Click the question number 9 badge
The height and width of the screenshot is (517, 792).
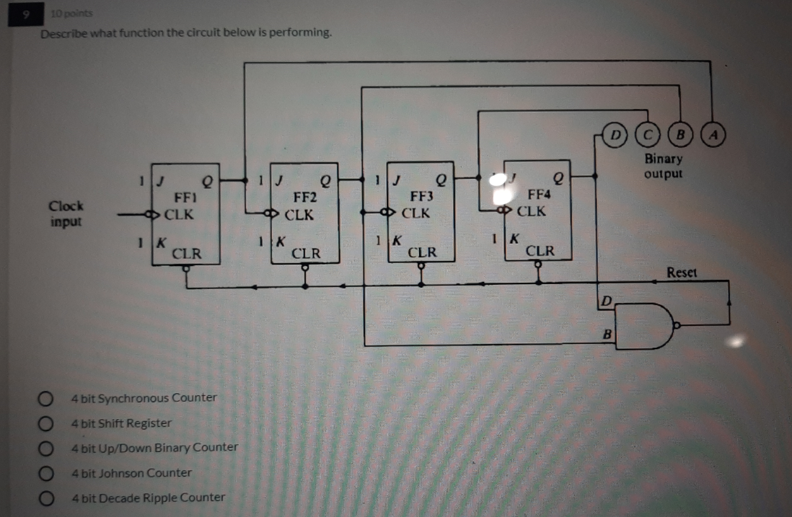click(x=24, y=14)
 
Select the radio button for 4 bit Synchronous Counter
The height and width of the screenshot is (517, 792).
click(x=46, y=398)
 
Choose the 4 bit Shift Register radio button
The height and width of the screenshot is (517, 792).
click(x=46, y=423)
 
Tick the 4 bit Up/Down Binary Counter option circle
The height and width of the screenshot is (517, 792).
click(x=46, y=448)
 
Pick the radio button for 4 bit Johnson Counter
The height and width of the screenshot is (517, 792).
click(x=46, y=473)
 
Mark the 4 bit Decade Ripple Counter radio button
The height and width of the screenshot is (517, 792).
click(x=46, y=498)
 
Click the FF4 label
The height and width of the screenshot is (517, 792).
click(x=539, y=193)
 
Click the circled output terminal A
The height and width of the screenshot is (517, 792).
click(x=713, y=133)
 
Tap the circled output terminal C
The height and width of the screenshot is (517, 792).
click(x=647, y=133)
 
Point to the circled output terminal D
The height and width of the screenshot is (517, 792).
click(x=615, y=133)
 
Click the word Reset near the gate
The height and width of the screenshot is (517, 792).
click(x=682, y=273)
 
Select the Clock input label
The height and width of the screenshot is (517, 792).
click(x=66, y=213)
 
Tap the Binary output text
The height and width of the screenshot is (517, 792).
click(x=663, y=166)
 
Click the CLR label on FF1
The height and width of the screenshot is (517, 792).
click(x=186, y=254)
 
